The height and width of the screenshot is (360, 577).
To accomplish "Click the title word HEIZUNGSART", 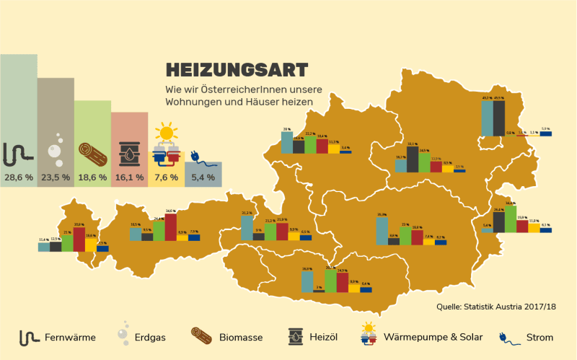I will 237,69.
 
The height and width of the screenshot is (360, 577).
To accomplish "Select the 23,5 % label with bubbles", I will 55,177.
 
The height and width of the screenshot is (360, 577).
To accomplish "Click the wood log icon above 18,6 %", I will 92,153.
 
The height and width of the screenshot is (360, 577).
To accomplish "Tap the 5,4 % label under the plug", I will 203,177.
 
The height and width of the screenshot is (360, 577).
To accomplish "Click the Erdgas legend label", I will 151,337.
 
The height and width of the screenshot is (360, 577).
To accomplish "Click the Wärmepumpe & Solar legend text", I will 433,337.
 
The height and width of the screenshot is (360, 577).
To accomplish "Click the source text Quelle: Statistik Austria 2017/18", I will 496,307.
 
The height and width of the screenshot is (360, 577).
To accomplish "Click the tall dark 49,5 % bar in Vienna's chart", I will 498,118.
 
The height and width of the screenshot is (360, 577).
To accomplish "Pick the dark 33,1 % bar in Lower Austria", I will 413,159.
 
